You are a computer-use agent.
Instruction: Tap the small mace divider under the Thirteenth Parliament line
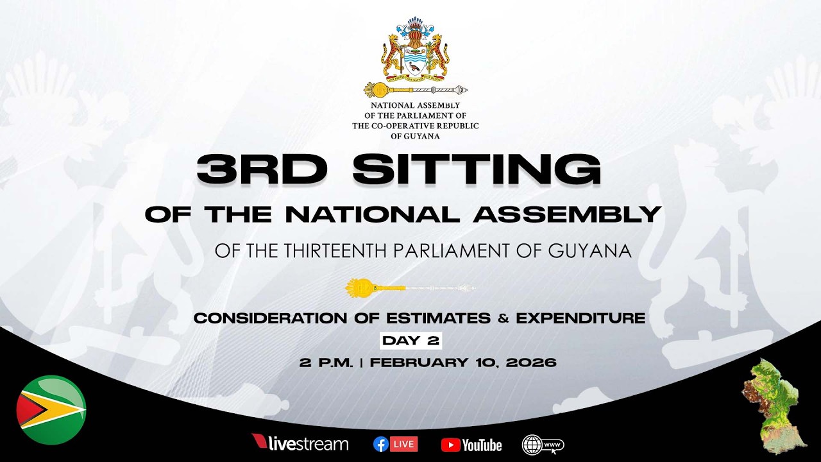click(410, 288)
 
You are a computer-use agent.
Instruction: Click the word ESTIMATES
click(434, 318)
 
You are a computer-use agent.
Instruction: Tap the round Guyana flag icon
click(51, 410)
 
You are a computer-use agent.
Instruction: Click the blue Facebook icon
click(381, 444)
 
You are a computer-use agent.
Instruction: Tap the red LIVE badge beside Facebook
click(405, 444)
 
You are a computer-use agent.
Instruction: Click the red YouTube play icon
click(450, 445)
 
